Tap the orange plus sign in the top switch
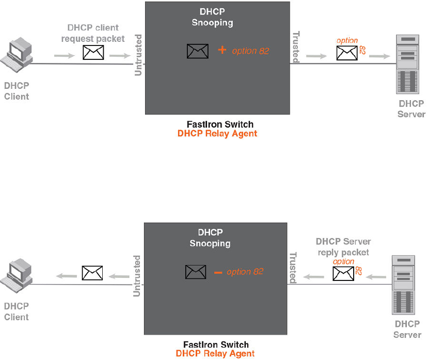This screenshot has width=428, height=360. (x=223, y=50)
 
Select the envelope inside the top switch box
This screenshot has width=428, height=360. (x=198, y=51)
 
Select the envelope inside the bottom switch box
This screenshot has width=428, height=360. (x=196, y=272)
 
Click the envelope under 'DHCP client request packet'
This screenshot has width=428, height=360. (x=93, y=52)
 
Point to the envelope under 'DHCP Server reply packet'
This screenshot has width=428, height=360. (x=343, y=274)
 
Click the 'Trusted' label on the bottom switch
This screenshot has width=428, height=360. (x=293, y=268)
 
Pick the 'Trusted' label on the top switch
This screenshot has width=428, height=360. (x=296, y=46)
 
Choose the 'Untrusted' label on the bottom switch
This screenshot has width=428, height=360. (x=137, y=275)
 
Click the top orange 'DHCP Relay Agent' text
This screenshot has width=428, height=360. (x=217, y=134)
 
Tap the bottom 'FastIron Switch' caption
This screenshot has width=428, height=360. (x=216, y=345)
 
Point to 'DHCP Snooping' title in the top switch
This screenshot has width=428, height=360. (x=216, y=17)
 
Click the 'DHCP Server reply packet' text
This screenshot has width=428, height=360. (x=343, y=246)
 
